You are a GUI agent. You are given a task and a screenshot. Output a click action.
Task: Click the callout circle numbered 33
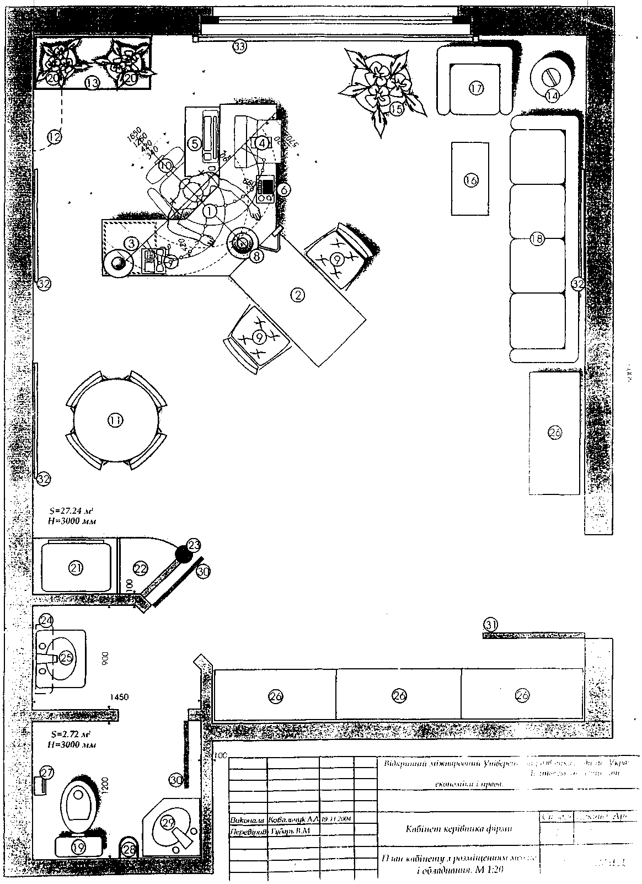239,46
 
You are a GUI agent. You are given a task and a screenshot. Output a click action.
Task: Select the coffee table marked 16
470,179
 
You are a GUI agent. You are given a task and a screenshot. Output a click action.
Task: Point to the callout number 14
552,95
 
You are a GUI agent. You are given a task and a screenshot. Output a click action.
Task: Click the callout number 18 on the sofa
537,238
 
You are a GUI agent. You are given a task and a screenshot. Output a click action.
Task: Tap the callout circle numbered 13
92,83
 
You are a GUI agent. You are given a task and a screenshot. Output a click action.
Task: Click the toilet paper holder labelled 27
40,784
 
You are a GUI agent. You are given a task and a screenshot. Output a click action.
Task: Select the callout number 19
79,846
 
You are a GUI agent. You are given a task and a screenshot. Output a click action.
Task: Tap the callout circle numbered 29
168,822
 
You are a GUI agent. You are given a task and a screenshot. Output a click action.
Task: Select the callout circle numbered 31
490,624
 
